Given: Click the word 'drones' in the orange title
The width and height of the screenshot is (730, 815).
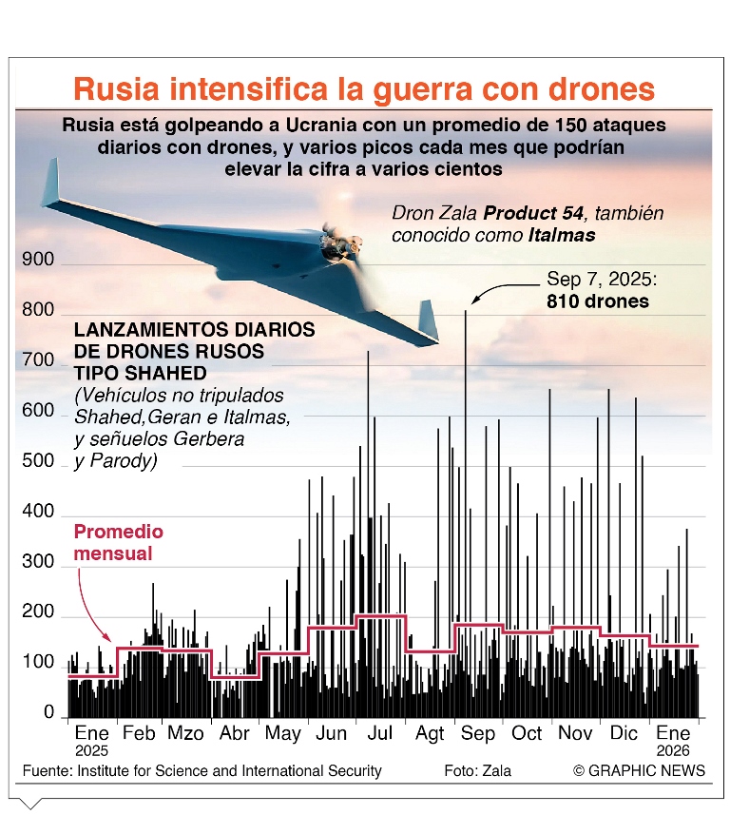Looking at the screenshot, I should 600,88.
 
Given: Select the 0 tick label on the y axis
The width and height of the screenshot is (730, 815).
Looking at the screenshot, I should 48,712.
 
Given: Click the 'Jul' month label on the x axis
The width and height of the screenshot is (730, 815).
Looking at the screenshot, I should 379,734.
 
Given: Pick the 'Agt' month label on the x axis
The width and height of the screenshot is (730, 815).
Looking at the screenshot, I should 429,734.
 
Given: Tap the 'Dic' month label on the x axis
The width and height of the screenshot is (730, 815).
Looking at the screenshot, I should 624,734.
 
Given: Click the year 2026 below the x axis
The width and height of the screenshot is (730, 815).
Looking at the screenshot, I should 673,750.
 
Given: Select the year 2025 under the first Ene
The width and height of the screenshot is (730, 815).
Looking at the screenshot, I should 91,750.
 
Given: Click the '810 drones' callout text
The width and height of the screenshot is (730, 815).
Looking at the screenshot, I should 598,301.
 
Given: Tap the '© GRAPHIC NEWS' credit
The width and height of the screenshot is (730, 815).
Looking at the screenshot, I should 639,770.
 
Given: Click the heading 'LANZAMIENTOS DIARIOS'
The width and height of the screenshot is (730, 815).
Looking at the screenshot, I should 194,330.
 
